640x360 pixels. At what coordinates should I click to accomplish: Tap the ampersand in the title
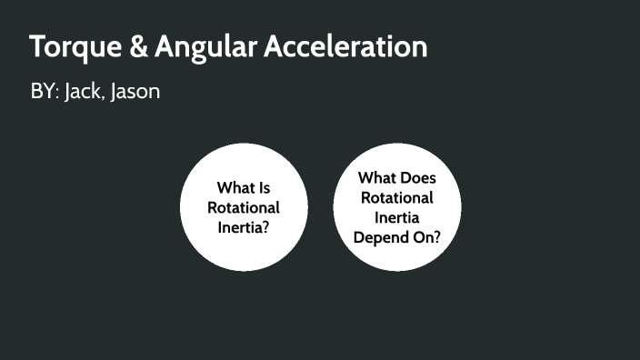[x=138, y=47]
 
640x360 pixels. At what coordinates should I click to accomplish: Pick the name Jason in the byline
[x=135, y=92]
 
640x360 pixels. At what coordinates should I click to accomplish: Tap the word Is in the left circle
[x=264, y=188]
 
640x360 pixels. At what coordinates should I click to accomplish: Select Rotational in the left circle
[x=244, y=207]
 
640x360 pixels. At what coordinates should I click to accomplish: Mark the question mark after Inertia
[x=265, y=227]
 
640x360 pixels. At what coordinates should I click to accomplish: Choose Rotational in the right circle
[x=397, y=198]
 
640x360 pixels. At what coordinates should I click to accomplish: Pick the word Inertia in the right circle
[x=397, y=218]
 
